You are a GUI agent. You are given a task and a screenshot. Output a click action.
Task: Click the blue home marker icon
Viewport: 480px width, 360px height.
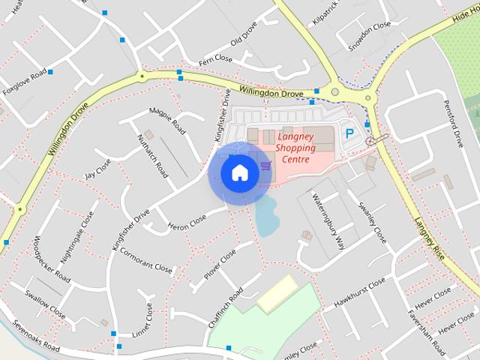tap(238, 173)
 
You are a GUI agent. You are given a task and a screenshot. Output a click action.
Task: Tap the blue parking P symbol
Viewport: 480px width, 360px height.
tap(349, 134)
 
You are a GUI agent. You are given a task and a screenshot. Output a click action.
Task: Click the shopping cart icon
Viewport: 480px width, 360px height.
tap(265, 165)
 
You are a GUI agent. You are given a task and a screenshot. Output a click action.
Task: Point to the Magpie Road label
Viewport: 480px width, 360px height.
tap(167, 119)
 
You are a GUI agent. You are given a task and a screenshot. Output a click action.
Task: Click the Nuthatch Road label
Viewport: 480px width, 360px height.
tap(152, 155)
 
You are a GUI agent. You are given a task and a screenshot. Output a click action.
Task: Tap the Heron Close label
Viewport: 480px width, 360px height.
tap(187, 223)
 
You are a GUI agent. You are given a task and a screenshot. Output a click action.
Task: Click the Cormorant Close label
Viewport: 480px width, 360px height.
tap(145, 259)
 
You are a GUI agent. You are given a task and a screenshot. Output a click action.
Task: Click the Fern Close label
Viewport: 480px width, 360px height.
tap(216, 58)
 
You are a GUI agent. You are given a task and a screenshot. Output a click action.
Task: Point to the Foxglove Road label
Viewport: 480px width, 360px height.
tap(24, 82)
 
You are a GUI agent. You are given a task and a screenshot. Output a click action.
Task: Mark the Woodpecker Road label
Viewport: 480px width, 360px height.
tap(52, 259)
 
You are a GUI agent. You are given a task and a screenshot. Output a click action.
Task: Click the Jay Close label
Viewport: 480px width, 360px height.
tap(98, 168)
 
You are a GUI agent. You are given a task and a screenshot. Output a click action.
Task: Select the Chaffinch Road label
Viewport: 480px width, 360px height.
tap(226, 307)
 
